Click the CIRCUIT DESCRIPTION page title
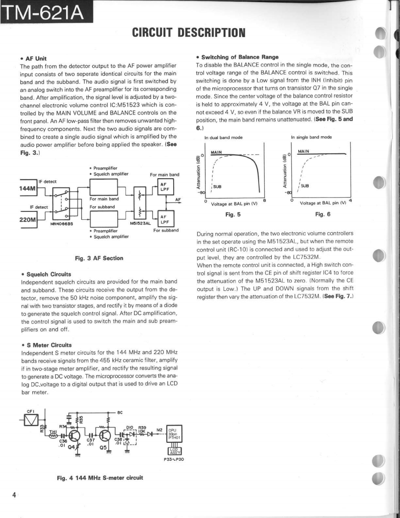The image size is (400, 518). pos(188,32)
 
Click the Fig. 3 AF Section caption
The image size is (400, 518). pos(99,258)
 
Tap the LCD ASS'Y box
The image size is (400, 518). pos(174,451)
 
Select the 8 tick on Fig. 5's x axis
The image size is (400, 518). pos(264,200)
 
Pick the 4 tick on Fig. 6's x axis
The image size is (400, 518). pos(351,200)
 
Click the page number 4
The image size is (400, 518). pos(14,495)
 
